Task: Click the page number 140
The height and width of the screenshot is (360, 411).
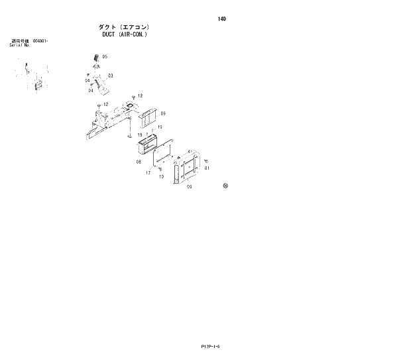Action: click(221, 19)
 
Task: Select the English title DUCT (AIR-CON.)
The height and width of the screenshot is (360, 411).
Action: click(124, 34)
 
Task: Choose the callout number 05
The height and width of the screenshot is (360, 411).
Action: click(105, 58)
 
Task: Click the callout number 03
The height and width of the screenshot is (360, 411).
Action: click(110, 76)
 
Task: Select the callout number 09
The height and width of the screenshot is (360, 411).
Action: click(162, 114)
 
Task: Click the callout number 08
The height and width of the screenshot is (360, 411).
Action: click(139, 161)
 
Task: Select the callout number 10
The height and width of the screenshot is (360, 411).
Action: click(161, 177)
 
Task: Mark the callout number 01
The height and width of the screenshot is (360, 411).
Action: click(207, 168)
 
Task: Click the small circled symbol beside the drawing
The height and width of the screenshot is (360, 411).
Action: click(225, 186)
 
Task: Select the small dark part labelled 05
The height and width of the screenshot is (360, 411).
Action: click(96, 58)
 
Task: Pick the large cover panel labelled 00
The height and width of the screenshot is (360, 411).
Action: click(187, 167)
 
